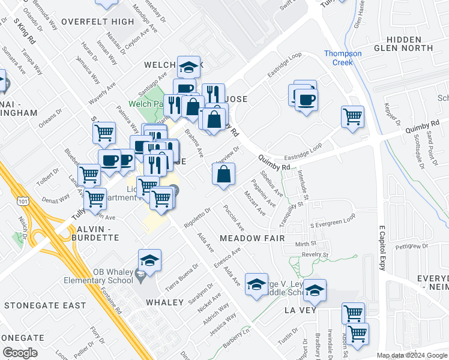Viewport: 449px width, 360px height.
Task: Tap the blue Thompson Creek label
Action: (x=343, y=58)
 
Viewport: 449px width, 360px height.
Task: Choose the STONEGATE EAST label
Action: (x=45, y=305)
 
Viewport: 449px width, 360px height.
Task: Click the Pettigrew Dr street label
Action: (x=413, y=246)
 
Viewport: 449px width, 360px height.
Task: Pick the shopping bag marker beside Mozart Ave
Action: (x=223, y=175)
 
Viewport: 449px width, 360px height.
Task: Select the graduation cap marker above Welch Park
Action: (x=189, y=67)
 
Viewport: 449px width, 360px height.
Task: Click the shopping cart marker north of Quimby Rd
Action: (x=352, y=116)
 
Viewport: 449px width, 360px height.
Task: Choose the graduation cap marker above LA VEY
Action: (x=315, y=291)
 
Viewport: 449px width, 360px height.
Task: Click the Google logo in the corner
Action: (x=19, y=352)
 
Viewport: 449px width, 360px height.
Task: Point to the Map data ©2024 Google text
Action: (x=411, y=355)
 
